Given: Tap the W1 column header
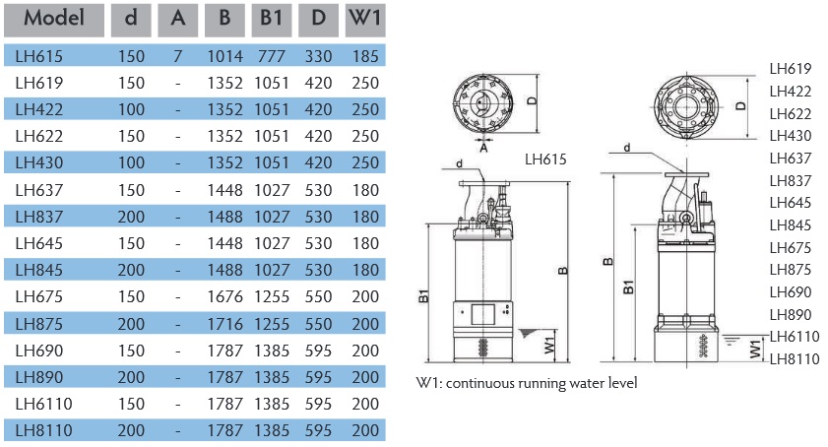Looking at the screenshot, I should [x=364, y=18].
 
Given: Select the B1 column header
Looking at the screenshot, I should [x=271, y=18].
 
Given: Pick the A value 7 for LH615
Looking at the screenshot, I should [x=177, y=56].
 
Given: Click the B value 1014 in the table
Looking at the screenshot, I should [x=225, y=56].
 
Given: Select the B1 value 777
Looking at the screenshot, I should [x=271, y=56].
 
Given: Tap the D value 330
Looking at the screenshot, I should [x=318, y=56].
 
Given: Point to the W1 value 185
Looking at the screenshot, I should [x=364, y=56].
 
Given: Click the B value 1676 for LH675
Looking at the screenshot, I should [x=225, y=295].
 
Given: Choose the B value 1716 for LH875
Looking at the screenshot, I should [x=225, y=323].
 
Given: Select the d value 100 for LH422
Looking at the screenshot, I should [x=131, y=109].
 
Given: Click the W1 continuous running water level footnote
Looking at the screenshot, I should [x=527, y=382].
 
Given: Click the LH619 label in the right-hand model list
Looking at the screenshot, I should [x=791, y=69].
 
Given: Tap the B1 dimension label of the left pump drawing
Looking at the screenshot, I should [x=422, y=294].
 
